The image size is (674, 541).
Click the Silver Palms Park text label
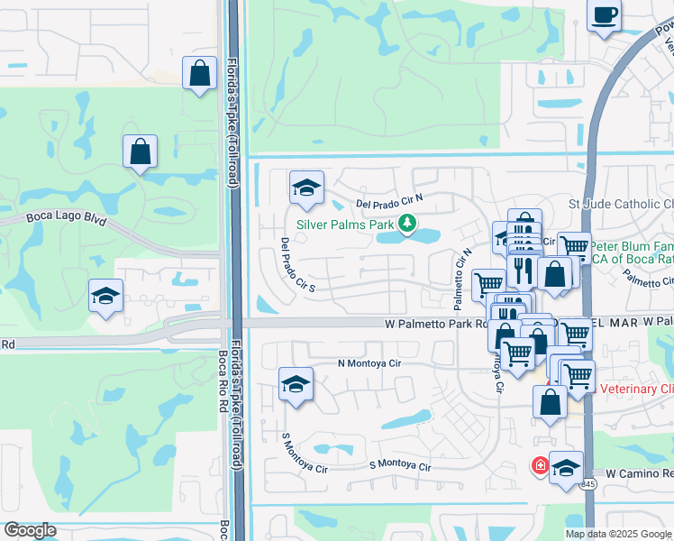(345, 223)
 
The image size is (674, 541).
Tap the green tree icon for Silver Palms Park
(408, 223)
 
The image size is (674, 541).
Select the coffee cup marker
(605, 15)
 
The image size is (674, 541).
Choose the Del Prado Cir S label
(296, 265)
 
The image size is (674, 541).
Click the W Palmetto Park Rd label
(436, 323)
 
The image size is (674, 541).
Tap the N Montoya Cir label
(369, 363)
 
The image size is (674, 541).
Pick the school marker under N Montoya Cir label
(296, 384)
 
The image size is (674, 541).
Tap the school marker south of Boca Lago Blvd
(105, 295)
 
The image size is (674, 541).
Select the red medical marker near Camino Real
(539, 465)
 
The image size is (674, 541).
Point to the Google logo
(30, 530)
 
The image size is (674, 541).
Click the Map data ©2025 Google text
(618, 534)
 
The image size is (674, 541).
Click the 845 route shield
(587, 484)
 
